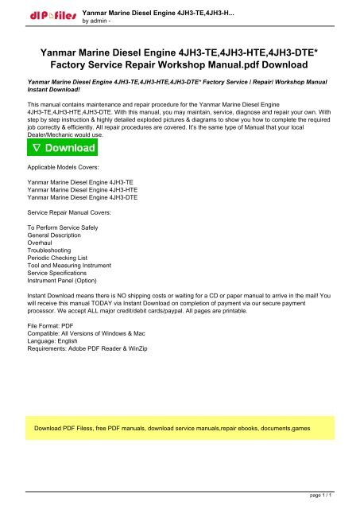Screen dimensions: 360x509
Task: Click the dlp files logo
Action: tap(50, 14)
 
